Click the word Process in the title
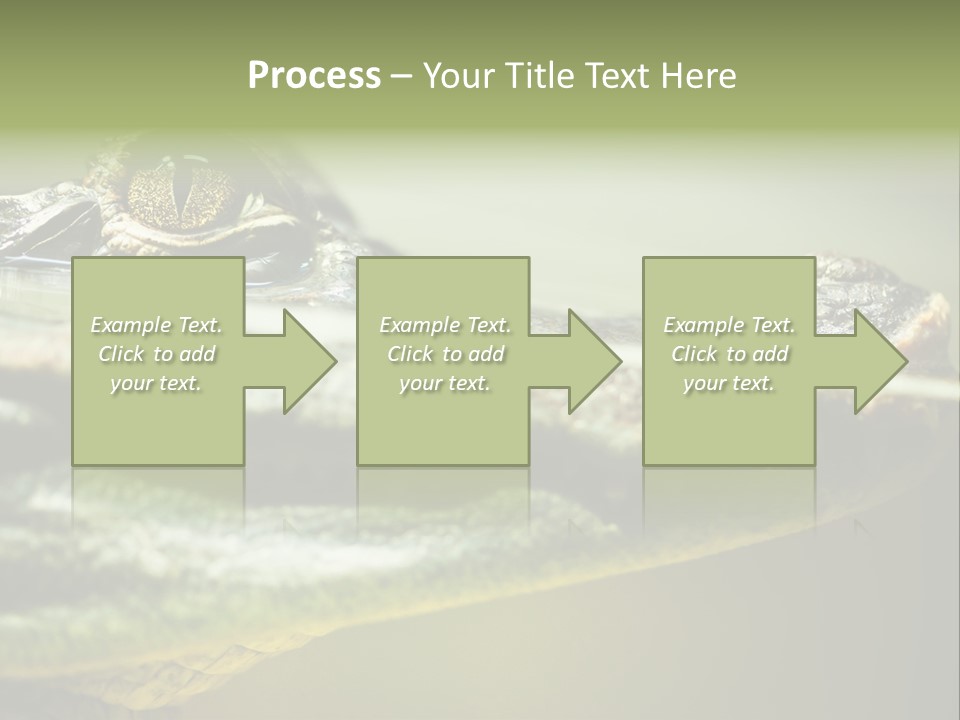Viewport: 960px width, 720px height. [x=314, y=76]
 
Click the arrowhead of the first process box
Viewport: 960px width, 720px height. [x=310, y=361]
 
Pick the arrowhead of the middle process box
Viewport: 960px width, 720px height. [x=595, y=361]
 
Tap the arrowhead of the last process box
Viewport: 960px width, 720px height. [x=880, y=361]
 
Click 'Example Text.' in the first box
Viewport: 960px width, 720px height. [x=156, y=325]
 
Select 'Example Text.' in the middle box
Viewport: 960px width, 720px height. [x=445, y=325]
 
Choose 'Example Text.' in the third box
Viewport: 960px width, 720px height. [x=729, y=325]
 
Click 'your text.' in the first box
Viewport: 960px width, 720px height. [x=156, y=383]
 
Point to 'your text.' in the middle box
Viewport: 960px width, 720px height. [x=445, y=383]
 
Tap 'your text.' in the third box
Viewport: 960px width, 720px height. [x=729, y=383]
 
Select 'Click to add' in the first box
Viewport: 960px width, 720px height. [x=156, y=354]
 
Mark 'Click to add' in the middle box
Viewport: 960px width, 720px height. [x=445, y=354]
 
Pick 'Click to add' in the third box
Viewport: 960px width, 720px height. [x=729, y=354]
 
